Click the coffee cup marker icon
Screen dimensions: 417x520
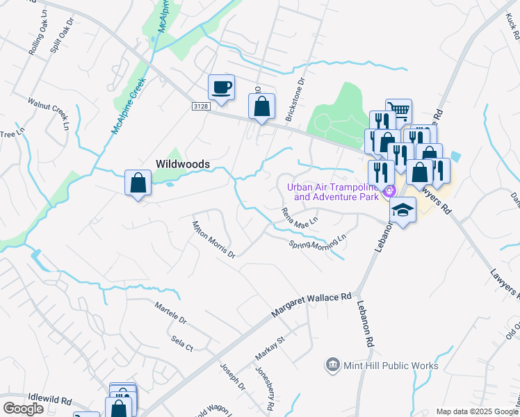pyautogui.click(x=222, y=88)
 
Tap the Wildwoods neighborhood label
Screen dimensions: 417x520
pyautogui.click(x=182, y=164)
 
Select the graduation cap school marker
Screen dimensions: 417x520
pyautogui.click(x=403, y=211)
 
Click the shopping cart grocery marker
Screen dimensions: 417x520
pyautogui.click(x=399, y=111)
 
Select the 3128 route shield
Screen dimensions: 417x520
pyautogui.click(x=200, y=105)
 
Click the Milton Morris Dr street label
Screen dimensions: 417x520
pyautogui.click(x=213, y=238)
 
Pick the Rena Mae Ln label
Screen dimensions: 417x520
pyautogui.click(x=299, y=217)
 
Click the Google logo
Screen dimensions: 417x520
pyautogui.click(x=23, y=409)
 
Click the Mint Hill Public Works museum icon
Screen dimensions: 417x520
pyautogui.click(x=333, y=365)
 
